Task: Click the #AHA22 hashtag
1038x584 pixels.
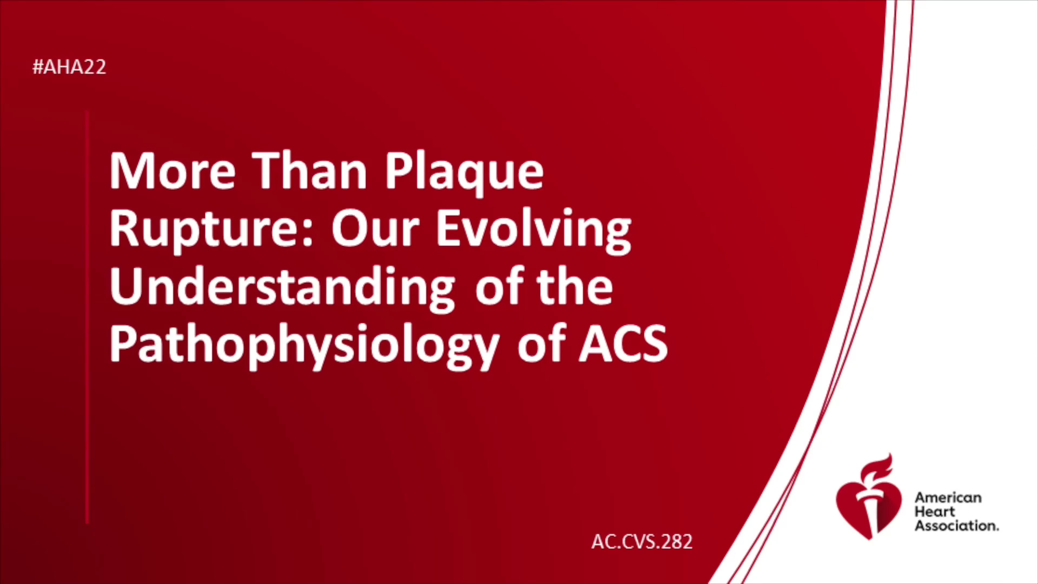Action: pyautogui.click(x=69, y=67)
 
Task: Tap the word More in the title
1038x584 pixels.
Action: pyautogui.click(x=172, y=171)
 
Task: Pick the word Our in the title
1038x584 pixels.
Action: pyautogui.click(x=375, y=228)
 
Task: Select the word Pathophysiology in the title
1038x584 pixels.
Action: pyautogui.click(x=304, y=347)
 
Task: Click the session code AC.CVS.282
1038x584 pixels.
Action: pyautogui.click(x=642, y=542)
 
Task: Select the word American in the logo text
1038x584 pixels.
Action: pyautogui.click(x=948, y=497)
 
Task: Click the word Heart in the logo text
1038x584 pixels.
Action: pyautogui.click(x=934, y=512)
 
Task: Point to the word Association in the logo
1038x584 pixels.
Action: pyautogui.click(x=956, y=526)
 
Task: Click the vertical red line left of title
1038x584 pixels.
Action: pyautogui.click(x=87, y=317)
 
